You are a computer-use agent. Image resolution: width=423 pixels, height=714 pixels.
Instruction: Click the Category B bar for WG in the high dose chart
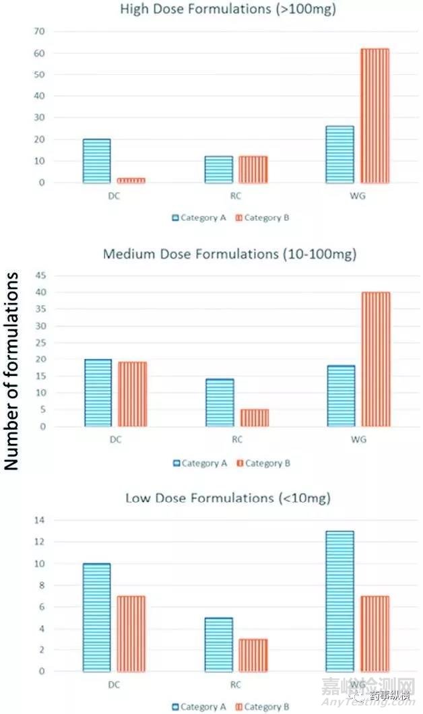[375, 115]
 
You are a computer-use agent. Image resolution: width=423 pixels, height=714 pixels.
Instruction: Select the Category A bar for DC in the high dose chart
[97, 161]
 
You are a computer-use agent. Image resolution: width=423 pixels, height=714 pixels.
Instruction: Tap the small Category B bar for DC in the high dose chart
[132, 180]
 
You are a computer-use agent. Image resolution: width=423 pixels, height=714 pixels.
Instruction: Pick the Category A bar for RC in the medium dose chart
[220, 403]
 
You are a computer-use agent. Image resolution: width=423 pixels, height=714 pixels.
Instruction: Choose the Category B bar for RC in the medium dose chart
[255, 418]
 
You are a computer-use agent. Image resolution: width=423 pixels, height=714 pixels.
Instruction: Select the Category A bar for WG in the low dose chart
[340, 601]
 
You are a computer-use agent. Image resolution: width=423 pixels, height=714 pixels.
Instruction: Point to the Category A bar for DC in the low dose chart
[97, 617]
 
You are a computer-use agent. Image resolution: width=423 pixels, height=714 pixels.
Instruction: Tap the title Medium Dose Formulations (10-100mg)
[230, 254]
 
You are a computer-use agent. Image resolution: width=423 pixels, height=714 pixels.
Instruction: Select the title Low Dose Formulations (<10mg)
[228, 498]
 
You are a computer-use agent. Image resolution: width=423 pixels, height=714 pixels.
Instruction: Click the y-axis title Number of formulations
[11, 371]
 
